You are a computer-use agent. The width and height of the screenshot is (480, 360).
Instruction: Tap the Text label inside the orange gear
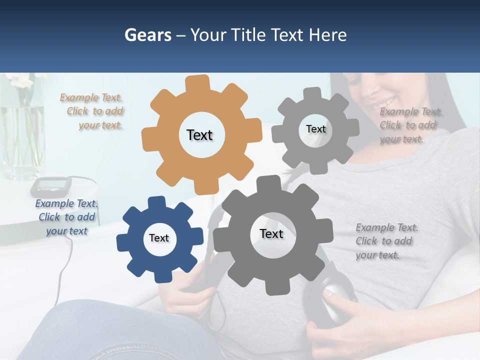pos(199,135)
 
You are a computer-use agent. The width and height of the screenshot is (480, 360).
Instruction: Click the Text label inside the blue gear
pos(159,238)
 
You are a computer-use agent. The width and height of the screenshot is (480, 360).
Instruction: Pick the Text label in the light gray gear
pos(315,129)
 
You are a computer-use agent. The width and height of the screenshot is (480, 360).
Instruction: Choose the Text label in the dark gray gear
pos(271,234)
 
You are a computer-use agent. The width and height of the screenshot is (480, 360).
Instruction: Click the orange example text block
pos(92,111)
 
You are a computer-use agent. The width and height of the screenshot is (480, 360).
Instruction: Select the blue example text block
pos(67,217)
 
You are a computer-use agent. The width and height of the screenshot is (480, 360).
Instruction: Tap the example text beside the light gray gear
pos(409,125)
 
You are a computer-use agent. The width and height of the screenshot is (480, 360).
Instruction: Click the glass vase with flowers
pos(22,135)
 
